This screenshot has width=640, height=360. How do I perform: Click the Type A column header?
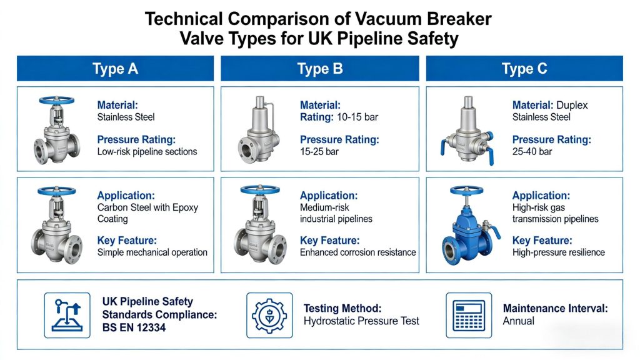click(115, 69)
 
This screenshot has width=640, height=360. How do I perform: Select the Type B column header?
click(319, 69)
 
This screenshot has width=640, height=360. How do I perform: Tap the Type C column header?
click(524, 69)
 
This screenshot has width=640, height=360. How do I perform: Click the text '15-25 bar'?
click(319, 152)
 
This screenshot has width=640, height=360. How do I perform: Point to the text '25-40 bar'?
click(532, 152)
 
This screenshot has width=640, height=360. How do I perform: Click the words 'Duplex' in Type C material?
click(572, 105)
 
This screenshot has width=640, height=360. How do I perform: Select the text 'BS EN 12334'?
click(134, 327)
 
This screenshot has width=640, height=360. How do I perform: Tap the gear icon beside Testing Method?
click(269, 315)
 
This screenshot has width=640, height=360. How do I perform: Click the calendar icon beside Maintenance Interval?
click(469, 315)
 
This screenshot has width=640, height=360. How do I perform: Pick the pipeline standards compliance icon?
click(67, 315)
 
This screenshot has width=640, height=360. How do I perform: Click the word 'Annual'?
click(518, 321)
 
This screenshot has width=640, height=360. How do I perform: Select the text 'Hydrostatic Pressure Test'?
click(361, 321)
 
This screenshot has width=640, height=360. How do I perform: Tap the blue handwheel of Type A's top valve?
click(57, 101)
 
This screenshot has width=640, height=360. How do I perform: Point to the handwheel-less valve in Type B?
click(258, 130)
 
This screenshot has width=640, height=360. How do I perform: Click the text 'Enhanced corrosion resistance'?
click(358, 252)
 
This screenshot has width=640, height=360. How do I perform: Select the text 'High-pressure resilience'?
click(558, 252)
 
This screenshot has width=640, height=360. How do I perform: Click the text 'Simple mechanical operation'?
click(152, 252)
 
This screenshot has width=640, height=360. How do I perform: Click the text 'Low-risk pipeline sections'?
click(147, 152)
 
